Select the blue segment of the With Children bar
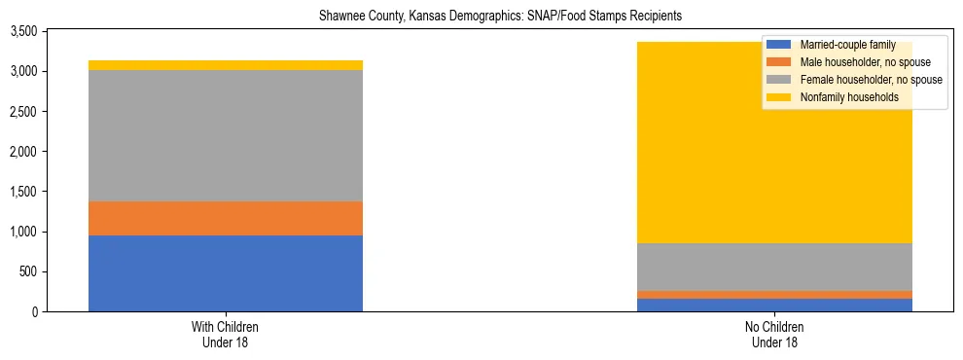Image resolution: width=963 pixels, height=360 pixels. click(226, 273)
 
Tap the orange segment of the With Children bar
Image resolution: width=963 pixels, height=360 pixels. click(226, 219)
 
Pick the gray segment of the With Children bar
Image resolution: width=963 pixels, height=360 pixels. click(226, 135)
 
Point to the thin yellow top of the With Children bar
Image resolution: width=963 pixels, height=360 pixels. click(226, 65)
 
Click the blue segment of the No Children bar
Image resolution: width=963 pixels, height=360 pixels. click(775, 306)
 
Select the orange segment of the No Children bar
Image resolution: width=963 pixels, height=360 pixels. click(775, 294)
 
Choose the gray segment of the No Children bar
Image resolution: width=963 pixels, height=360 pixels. click(775, 266)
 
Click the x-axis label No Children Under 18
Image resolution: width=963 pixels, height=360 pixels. click(775, 335)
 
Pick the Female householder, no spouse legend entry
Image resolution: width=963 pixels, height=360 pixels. click(866, 80)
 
